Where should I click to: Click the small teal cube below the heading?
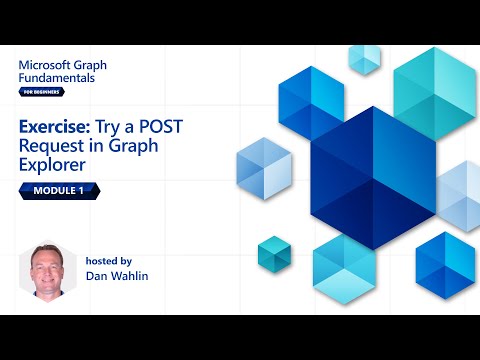click(x=273, y=252)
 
